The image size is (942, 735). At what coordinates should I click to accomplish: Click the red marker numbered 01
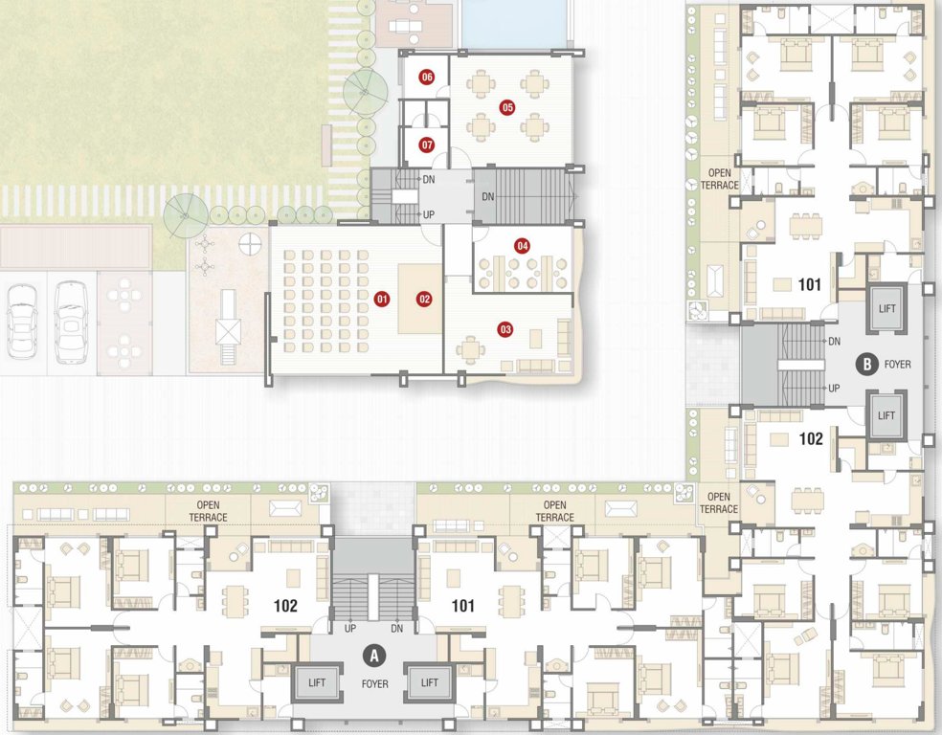(x=381, y=299)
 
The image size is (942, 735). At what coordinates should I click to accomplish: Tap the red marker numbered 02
(x=424, y=299)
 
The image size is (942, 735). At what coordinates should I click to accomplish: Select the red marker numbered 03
(x=505, y=330)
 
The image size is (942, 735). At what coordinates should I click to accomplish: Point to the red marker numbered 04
(x=522, y=246)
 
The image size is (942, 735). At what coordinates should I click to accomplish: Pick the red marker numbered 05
(x=506, y=107)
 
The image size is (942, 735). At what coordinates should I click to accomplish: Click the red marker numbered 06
(x=427, y=77)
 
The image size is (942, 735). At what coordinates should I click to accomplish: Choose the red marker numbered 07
(x=427, y=145)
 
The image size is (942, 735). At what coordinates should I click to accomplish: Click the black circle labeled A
(x=375, y=656)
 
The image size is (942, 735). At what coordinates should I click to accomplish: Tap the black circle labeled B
(x=867, y=364)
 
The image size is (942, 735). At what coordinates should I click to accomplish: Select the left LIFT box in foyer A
(x=316, y=682)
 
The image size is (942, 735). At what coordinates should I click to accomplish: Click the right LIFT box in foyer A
(x=429, y=682)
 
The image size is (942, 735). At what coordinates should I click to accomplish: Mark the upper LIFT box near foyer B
(x=886, y=308)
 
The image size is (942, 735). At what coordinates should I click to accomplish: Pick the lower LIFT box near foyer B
(x=886, y=415)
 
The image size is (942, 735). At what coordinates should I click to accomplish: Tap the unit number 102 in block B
(x=811, y=440)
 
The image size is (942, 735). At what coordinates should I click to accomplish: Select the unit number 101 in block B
(x=810, y=284)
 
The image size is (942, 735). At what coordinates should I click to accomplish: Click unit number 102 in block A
(x=285, y=606)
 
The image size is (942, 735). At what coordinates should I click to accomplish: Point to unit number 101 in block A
(x=463, y=606)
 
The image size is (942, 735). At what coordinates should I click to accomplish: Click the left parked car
(x=21, y=321)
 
